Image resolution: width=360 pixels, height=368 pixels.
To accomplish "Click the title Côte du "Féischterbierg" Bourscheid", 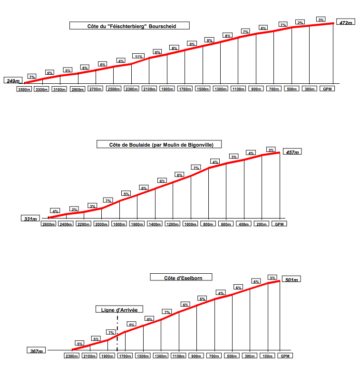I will (129, 26).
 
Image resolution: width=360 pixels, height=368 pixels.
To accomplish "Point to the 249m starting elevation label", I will (12, 81).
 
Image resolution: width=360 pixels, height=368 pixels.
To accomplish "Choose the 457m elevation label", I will (292, 152).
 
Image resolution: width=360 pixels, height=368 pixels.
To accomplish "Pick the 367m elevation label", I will (36, 351).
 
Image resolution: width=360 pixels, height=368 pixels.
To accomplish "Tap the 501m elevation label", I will (291, 280).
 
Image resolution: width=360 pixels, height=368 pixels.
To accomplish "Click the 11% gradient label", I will (138, 56).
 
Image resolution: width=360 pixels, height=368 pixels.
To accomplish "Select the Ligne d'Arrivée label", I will (119, 309).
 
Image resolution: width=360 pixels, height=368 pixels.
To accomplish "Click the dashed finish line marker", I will (117, 333).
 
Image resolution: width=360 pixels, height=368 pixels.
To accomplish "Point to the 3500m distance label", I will (24, 89).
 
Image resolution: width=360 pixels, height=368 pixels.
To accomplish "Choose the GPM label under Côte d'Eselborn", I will (284, 356).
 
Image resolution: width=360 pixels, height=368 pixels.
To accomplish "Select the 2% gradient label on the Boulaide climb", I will (74, 209).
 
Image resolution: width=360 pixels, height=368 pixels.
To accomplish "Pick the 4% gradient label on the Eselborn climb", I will (221, 293).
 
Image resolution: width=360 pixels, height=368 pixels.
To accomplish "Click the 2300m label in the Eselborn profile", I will (72, 356).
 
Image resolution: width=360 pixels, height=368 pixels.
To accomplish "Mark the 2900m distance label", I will (78, 89).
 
